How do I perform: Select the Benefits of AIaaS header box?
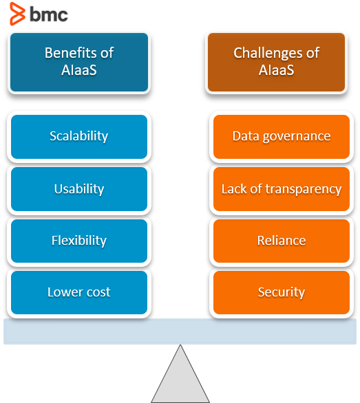coord(78,61)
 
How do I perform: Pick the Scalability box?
coord(78,136)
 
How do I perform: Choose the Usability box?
coord(78,188)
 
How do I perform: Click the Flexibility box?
coord(78,241)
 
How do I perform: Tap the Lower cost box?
coord(78,292)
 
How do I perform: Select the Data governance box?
coord(281,136)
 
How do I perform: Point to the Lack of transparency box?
coord(281,188)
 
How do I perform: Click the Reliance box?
coord(281,241)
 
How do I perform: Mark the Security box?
coord(281,292)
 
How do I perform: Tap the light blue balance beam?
coord(180,331)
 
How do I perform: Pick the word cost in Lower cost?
coord(98,292)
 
